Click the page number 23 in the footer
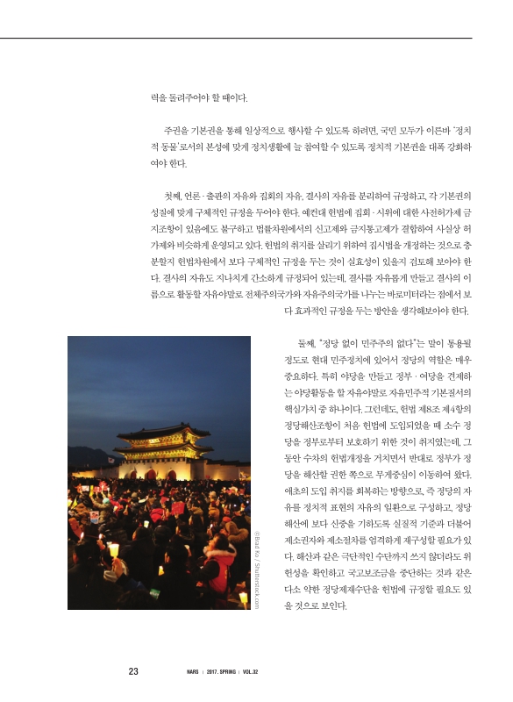point(133,672)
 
